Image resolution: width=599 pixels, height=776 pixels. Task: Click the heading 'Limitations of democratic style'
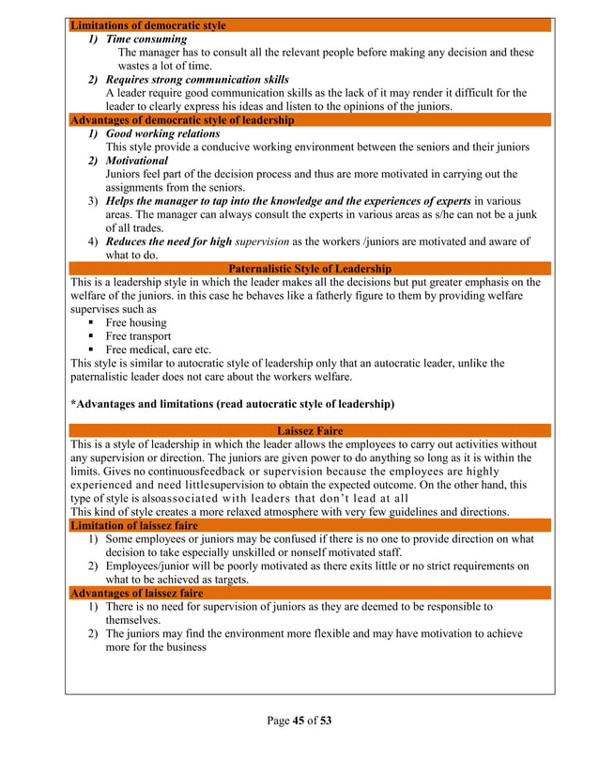pyautogui.click(x=148, y=25)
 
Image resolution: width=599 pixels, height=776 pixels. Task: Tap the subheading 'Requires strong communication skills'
pyautogui.click(x=197, y=80)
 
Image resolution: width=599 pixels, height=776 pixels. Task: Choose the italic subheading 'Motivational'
pyautogui.click(x=136, y=161)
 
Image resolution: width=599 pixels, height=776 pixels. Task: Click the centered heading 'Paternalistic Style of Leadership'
pyautogui.click(x=310, y=269)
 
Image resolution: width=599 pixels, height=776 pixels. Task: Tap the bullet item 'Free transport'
pyautogui.click(x=138, y=335)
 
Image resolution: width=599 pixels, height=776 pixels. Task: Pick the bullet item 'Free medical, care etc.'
pyautogui.click(x=158, y=349)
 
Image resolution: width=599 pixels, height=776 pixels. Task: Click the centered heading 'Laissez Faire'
pyautogui.click(x=310, y=430)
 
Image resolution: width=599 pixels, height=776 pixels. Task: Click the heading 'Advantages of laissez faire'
pyautogui.click(x=137, y=593)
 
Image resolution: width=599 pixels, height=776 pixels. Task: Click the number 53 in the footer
pyautogui.click(x=325, y=722)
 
